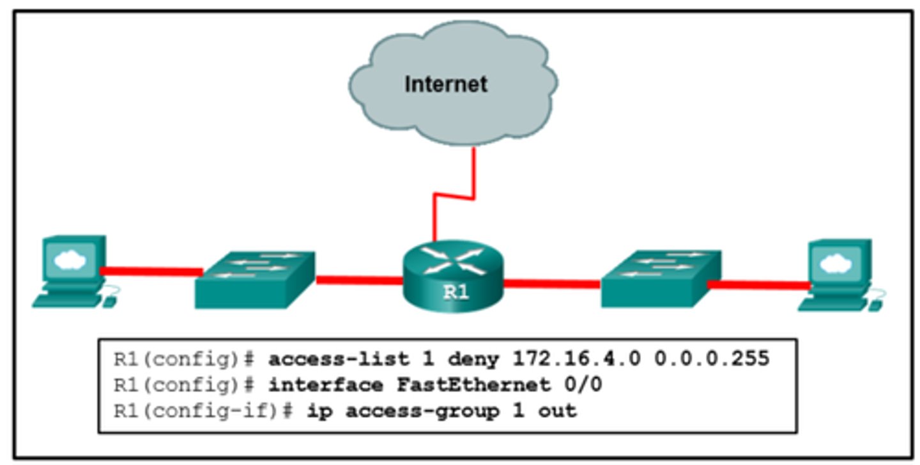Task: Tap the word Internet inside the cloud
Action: pos(446,84)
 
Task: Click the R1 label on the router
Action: pos(456,293)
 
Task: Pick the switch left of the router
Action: pos(256,279)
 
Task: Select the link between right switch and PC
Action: pos(758,284)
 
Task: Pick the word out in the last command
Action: pos(560,411)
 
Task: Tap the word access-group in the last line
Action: pos(422,411)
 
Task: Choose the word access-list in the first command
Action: pos(330,359)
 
